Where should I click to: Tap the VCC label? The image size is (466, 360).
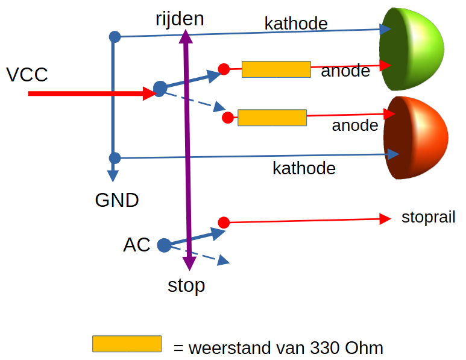point(27,75)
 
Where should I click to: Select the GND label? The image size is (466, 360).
point(117,200)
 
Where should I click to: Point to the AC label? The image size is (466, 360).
point(136,245)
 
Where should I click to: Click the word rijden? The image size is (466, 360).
point(180,19)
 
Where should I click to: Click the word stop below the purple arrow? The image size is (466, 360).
point(186,285)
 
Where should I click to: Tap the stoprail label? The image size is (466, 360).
point(428,218)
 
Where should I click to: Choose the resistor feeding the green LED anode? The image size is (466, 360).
point(276,69)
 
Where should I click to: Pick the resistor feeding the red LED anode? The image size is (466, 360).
point(272,118)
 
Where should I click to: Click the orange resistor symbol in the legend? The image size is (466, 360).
point(127,344)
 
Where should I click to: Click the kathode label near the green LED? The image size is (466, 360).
point(296,24)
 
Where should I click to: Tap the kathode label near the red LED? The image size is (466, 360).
point(304,168)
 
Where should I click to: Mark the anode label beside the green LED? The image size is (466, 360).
point(345,71)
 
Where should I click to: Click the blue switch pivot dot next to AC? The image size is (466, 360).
point(163,245)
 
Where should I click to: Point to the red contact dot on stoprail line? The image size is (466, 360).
point(224,223)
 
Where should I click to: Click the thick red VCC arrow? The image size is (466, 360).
point(90,93)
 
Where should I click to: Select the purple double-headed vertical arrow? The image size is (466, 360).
point(188,151)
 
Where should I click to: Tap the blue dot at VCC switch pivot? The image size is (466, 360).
point(160,89)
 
